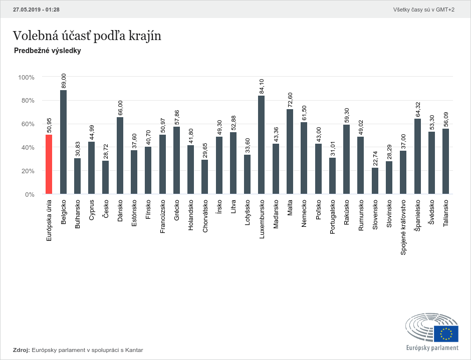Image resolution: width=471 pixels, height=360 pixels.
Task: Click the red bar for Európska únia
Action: (49, 164)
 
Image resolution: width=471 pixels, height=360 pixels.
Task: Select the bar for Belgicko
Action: (63, 142)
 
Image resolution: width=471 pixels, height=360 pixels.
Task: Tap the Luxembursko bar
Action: (261, 145)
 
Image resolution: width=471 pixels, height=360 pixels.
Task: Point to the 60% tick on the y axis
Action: (26, 124)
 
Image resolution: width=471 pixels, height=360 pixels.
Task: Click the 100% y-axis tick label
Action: (26, 77)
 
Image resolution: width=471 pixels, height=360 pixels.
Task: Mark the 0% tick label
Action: (29, 194)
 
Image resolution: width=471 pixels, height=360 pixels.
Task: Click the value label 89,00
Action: (64, 81)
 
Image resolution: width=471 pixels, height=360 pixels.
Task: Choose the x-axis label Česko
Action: (106, 208)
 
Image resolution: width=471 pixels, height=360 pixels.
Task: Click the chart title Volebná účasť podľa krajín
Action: (87, 36)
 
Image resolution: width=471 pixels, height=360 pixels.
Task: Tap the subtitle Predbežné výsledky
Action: (48, 51)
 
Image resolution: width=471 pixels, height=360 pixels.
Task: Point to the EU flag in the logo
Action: (446, 333)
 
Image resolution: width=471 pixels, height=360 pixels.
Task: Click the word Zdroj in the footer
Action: (21, 350)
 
